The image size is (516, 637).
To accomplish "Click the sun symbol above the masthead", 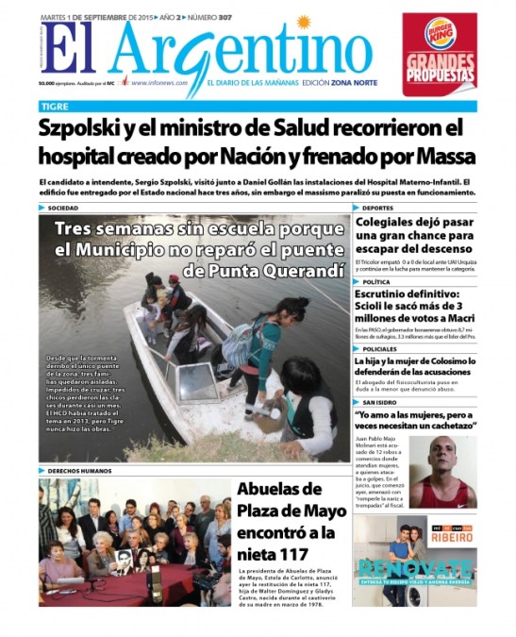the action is (x=304, y=22).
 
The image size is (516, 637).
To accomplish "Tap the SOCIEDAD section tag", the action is (x=63, y=208).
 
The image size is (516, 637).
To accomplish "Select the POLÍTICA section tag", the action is (x=376, y=282).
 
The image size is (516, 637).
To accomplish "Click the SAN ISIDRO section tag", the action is (x=381, y=403).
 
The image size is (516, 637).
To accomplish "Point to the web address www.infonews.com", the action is (x=158, y=82).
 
